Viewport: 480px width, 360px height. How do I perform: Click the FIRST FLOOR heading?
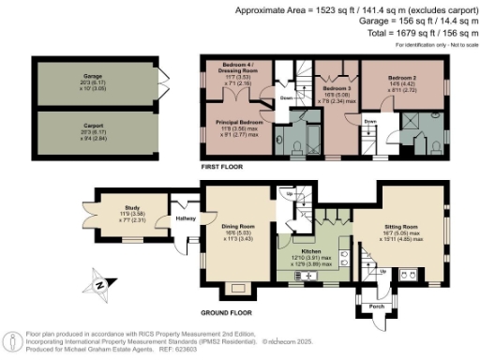pyautogui.click(x=223, y=166)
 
